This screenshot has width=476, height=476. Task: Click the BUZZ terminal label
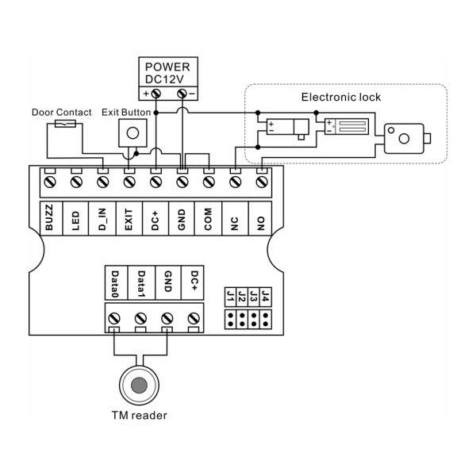pos(49,217)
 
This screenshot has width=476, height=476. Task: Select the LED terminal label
pos(75,221)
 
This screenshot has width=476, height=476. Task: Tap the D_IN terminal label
pos(102,219)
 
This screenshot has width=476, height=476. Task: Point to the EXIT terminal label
pos(129,220)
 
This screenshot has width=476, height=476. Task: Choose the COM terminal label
pos(208,219)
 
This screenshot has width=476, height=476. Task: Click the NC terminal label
pos(234,224)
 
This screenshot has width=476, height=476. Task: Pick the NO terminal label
pos(260,224)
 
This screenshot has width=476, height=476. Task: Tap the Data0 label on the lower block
pos(115,284)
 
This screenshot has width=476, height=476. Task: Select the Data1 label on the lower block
pos(141,284)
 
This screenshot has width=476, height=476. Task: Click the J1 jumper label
pos(230,297)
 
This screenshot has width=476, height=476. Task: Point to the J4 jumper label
pos(266,296)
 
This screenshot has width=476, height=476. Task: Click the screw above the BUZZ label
pos(50,182)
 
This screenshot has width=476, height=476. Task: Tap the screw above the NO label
pos(262,182)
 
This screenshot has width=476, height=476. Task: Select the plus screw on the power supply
pos(156,94)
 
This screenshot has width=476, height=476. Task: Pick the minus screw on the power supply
pos(182,94)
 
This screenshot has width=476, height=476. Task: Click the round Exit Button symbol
pos(132,133)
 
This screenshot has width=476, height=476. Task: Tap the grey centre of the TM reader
pos(139,385)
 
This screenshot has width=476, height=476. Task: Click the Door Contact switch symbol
pos(65,124)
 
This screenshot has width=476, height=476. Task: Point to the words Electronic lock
pos(341,97)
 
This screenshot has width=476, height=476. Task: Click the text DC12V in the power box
pos(164,79)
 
